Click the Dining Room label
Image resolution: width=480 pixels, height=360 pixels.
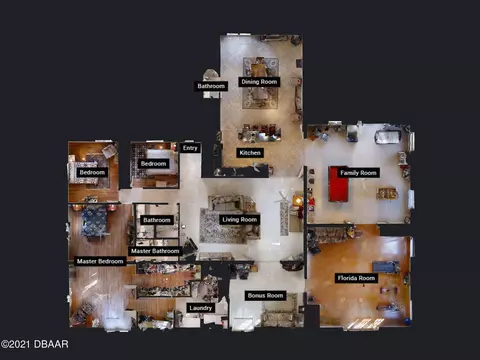[259, 82]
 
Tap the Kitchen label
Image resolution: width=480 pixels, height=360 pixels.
[250, 153]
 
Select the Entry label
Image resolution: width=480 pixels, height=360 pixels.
[190, 148]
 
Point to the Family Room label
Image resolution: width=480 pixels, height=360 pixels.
[358, 173]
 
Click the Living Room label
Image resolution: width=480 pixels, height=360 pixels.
[240, 219]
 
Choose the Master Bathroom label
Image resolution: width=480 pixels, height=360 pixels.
[155, 251]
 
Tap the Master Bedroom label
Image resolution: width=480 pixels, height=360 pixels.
[100, 261]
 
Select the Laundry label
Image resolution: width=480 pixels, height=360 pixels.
[200, 308]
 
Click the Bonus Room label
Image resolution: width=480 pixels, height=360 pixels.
[265, 295]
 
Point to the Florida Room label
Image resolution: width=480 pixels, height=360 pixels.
[356, 278]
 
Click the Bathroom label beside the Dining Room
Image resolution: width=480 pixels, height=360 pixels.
[211, 86]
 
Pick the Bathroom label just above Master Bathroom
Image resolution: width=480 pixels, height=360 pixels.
[157, 220]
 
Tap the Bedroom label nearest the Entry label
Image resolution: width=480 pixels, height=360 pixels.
[153, 163]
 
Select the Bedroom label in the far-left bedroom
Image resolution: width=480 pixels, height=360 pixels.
[92, 172]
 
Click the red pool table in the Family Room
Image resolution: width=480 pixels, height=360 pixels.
[338, 184]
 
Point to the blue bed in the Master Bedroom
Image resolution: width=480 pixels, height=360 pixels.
[95, 221]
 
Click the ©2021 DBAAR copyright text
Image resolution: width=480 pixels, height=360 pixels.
[35, 344]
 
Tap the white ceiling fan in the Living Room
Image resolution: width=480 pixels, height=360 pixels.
[284, 199]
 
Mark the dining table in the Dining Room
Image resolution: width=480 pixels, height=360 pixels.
[259, 83]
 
